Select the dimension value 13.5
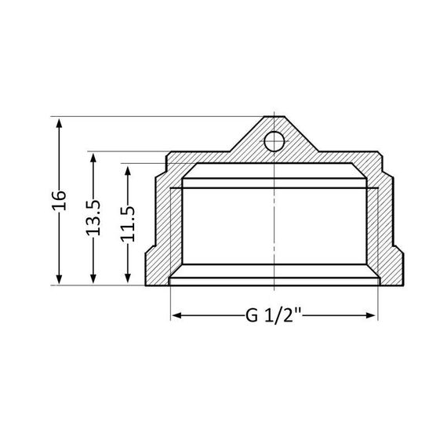(93, 218)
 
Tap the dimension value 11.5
(128, 222)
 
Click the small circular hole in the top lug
(273, 141)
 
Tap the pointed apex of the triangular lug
(273, 118)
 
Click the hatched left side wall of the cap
(161, 227)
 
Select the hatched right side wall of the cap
(385, 227)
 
